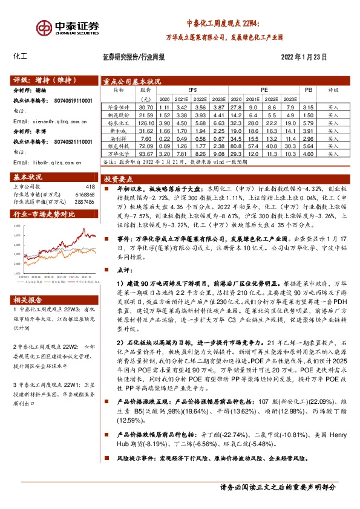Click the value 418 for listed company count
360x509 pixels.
click(90, 186)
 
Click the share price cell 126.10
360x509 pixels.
click(144, 122)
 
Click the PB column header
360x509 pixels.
click(307, 89)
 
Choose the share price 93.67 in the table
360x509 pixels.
click(144, 154)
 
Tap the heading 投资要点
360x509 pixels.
click(119, 180)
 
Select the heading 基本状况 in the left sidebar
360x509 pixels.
click(27, 177)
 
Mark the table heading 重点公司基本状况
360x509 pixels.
click(131, 80)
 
